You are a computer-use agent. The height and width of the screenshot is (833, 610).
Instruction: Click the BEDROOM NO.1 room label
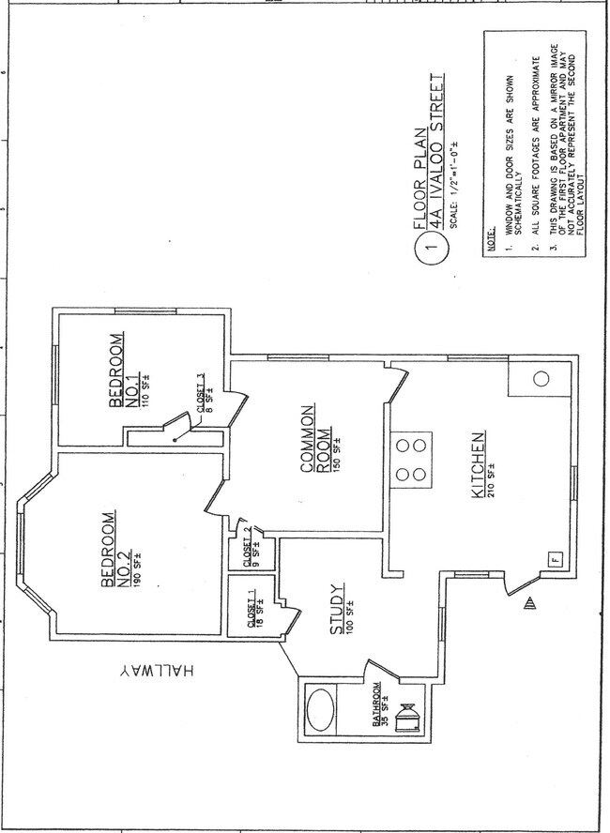pos(123,371)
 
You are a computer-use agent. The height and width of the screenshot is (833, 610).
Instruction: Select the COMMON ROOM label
pos(315,439)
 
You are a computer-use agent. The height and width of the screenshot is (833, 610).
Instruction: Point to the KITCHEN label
pos(479,465)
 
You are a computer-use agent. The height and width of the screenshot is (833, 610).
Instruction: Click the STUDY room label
pos(338,609)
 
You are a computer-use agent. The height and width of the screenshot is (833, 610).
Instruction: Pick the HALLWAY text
pos(156,670)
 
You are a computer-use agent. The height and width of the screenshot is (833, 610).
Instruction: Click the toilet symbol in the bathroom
pos(407,719)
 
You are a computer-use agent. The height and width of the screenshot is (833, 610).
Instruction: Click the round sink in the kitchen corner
pos(541,379)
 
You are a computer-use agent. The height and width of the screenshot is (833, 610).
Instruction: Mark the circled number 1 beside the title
pos(433,247)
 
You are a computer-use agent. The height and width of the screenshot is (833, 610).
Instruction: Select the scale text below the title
pos(455,185)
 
